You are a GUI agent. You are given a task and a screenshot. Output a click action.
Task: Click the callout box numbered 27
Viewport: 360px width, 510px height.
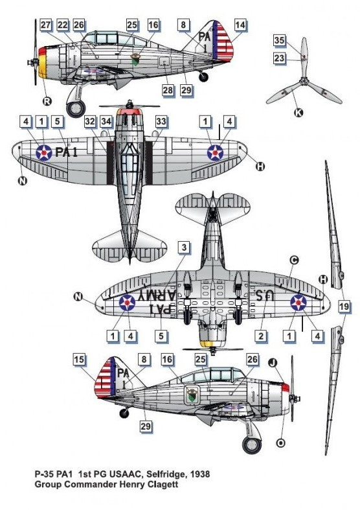point(46,25)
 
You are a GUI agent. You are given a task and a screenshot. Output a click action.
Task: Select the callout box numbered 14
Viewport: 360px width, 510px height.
point(240,25)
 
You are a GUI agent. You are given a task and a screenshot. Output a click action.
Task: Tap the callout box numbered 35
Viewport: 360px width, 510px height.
point(279,40)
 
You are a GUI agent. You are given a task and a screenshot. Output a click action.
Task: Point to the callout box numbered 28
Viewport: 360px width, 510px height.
point(168,90)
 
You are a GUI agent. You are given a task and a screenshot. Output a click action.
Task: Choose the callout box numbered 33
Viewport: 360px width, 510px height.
point(161,121)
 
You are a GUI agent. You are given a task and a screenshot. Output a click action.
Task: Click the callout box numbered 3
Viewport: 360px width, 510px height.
point(184,248)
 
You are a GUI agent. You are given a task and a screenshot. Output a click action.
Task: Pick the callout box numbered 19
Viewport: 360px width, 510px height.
point(344,306)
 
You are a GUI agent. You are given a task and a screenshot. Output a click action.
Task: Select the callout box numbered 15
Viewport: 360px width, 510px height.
point(79,360)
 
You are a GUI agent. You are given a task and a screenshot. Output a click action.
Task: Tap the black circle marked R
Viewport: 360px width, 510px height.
point(47,101)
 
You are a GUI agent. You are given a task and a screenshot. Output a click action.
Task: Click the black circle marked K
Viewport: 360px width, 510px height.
point(298,113)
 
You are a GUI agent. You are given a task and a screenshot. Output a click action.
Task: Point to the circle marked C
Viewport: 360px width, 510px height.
point(294,260)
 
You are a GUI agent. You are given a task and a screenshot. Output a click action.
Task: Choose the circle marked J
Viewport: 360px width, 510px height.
point(273,363)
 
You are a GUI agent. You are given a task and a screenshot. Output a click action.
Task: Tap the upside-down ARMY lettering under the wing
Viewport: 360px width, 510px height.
point(157,295)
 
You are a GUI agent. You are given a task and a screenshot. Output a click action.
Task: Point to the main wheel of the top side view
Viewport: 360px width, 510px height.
point(76,108)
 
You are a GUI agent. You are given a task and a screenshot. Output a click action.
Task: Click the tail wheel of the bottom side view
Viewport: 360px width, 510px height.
point(124,413)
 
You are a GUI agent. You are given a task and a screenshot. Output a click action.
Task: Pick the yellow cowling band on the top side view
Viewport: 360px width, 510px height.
point(43,67)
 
